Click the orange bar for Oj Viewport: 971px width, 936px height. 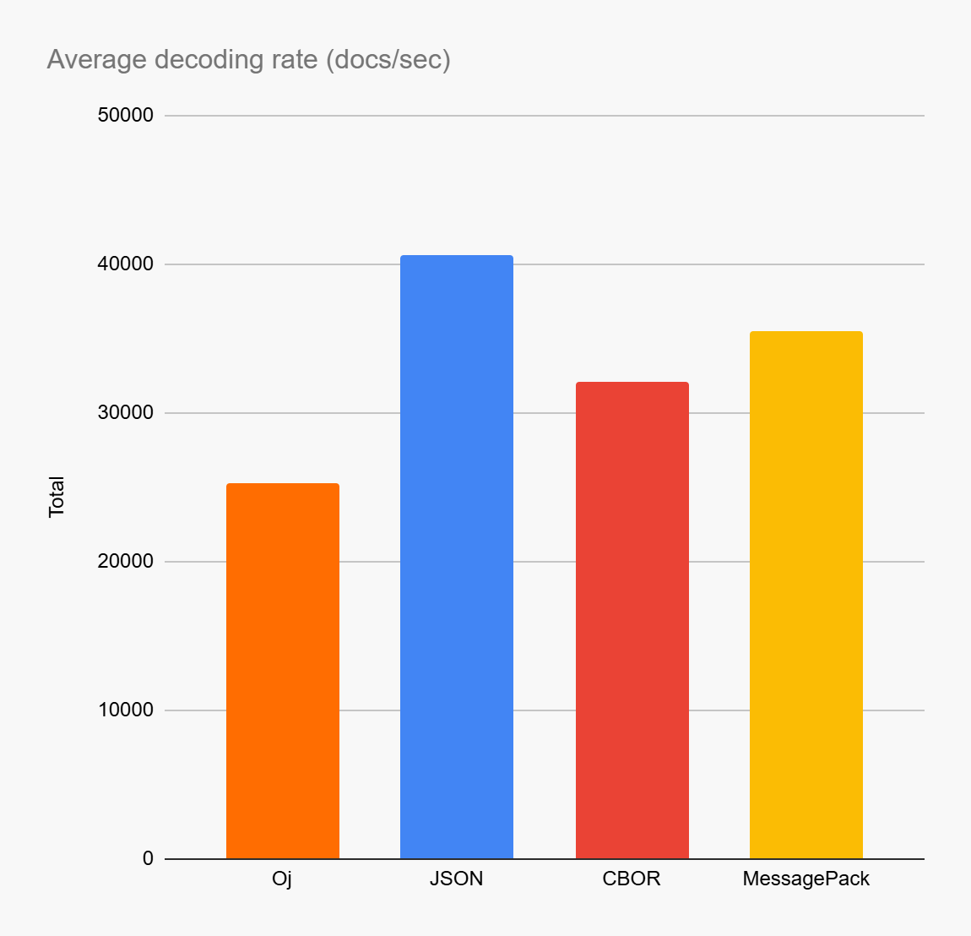[x=282, y=671]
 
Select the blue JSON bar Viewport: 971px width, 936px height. [x=456, y=557]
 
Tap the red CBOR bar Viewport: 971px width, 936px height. [x=632, y=620]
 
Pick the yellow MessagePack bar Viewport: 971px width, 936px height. [x=806, y=595]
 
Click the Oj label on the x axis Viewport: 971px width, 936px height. [x=282, y=879]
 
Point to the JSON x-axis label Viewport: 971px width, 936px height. [x=456, y=879]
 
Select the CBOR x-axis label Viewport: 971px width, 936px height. [x=632, y=879]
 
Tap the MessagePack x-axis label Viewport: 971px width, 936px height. [x=806, y=879]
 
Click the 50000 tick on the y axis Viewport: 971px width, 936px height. [x=126, y=116]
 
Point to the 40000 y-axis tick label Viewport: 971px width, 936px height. [x=126, y=264]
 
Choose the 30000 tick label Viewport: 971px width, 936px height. [x=126, y=413]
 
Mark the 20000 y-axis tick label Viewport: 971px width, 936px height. [x=126, y=562]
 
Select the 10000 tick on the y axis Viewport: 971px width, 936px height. [x=126, y=710]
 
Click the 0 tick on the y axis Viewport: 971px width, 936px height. [x=148, y=859]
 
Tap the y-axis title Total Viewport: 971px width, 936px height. [x=57, y=497]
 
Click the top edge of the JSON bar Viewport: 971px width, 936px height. [x=456, y=256]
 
